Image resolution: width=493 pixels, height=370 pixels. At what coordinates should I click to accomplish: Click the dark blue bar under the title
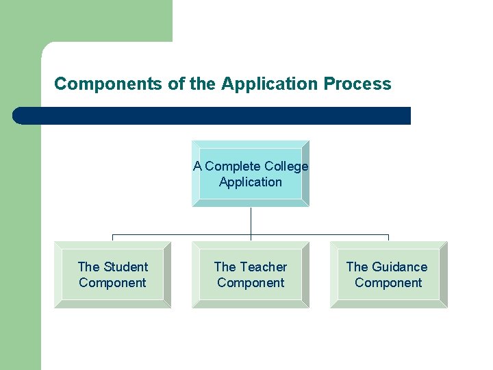point(212,116)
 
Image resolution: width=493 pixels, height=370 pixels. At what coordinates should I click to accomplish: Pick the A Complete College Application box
point(251,173)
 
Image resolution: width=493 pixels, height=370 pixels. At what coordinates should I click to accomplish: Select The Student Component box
point(112,275)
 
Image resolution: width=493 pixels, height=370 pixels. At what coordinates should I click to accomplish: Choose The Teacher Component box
point(251,275)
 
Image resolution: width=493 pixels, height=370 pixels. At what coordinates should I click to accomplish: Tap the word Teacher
point(264,267)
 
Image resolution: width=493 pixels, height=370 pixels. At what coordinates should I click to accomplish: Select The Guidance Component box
point(388,275)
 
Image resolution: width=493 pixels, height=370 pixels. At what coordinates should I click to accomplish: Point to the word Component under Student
point(112,283)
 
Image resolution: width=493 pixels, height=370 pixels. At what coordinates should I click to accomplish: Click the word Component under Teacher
point(251,283)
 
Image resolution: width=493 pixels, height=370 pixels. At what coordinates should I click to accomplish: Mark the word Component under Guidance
point(388,283)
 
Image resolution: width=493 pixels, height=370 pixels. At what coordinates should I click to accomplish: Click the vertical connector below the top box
point(251,221)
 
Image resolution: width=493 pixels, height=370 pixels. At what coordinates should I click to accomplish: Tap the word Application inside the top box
point(251,182)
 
